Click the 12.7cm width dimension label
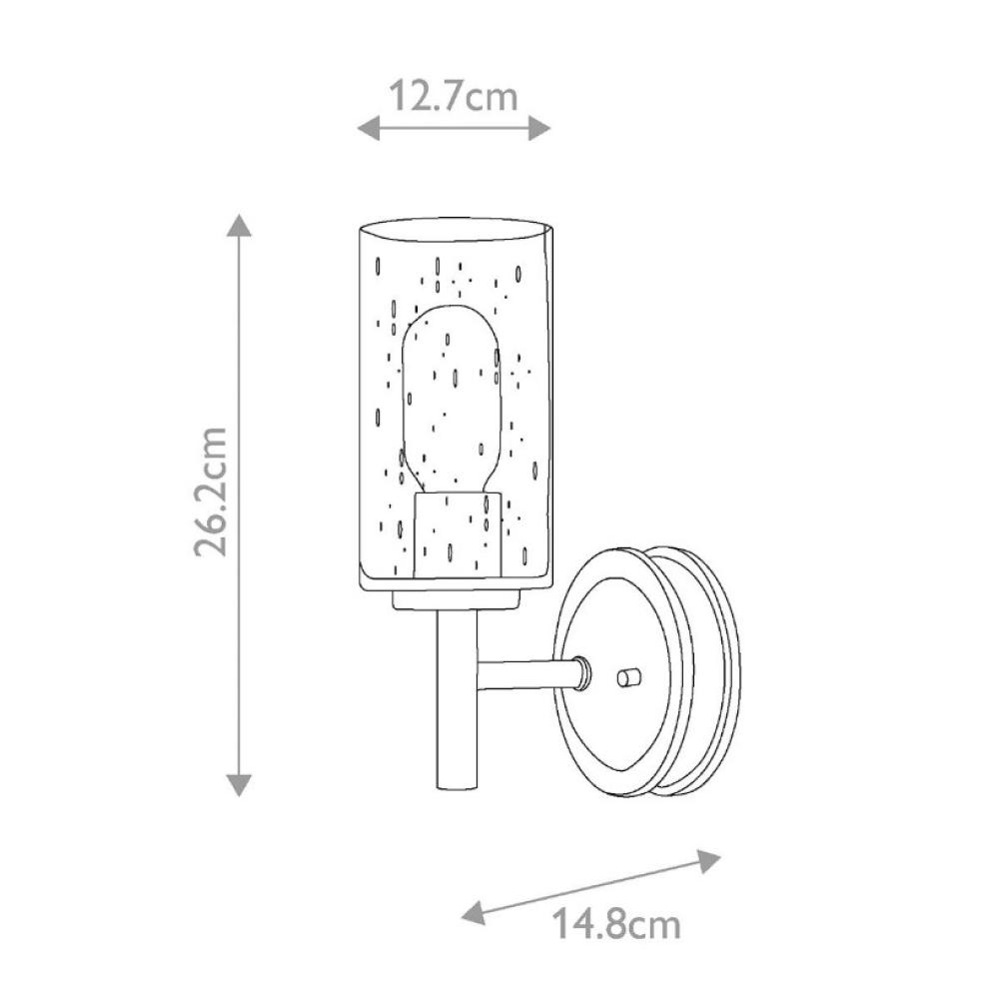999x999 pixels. (x=453, y=96)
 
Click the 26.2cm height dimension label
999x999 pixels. (x=211, y=492)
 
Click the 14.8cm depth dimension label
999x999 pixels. (x=616, y=924)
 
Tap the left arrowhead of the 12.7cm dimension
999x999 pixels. (x=368, y=129)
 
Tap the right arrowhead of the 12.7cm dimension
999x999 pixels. (x=539, y=129)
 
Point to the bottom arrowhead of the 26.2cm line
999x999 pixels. (x=240, y=785)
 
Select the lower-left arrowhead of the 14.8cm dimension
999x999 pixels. (x=474, y=912)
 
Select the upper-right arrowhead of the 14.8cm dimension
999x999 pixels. (x=708, y=861)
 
